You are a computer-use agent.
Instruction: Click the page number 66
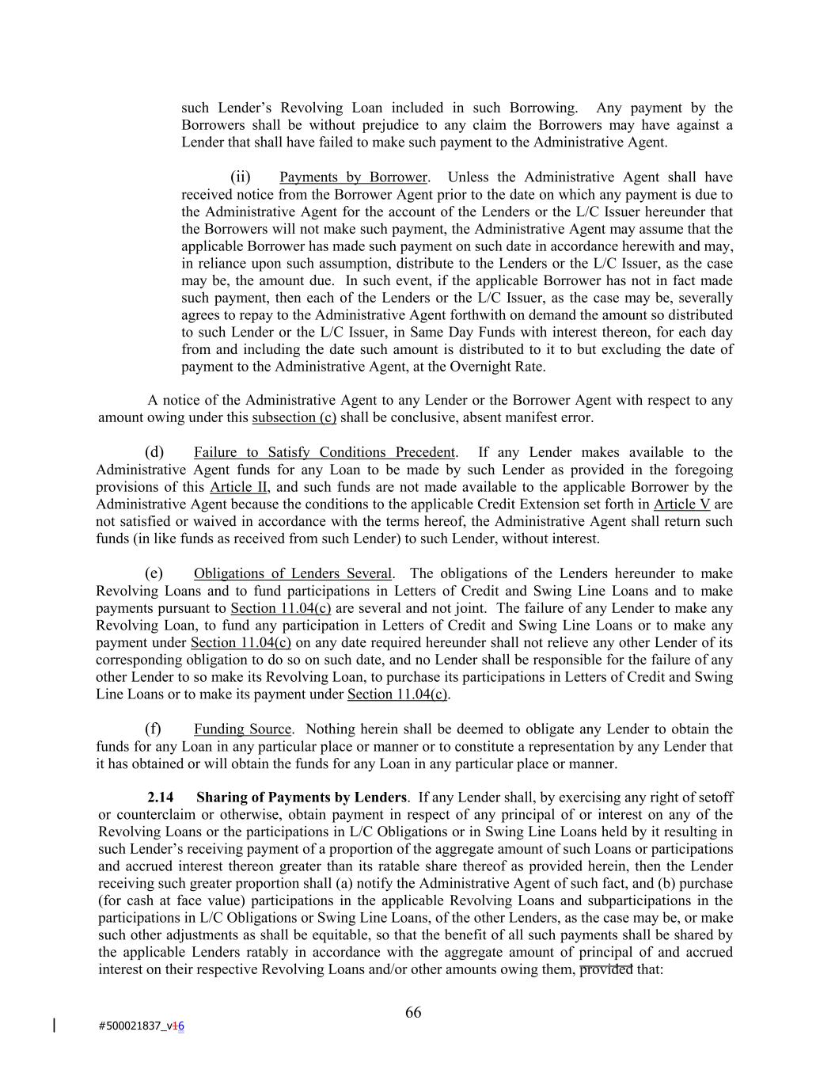click(x=413, y=1012)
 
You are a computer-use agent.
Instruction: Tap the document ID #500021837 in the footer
click(x=131, y=1026)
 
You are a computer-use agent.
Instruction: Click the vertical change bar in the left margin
click(x=54, y=1026)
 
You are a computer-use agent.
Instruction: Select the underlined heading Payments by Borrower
click(x=353, y=177)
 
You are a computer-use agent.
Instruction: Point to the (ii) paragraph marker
click(x=241, y=177)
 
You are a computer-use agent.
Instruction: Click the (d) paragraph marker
click(x=154, y=452)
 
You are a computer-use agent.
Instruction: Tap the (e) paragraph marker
click(x=154, y=573)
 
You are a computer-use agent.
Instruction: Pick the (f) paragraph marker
click(x=154, y=729)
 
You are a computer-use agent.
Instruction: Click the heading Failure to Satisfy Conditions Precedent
click(x=325, y=452)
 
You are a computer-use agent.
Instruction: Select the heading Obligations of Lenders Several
click(x=293, y=573)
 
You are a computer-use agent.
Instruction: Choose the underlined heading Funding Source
click(x=242, y=729)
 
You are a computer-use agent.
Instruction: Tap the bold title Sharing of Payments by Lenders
click(x=302, y=797)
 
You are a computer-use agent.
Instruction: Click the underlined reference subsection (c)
click(x=294, y=417)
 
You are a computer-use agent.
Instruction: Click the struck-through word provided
click(x=606, y=969)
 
